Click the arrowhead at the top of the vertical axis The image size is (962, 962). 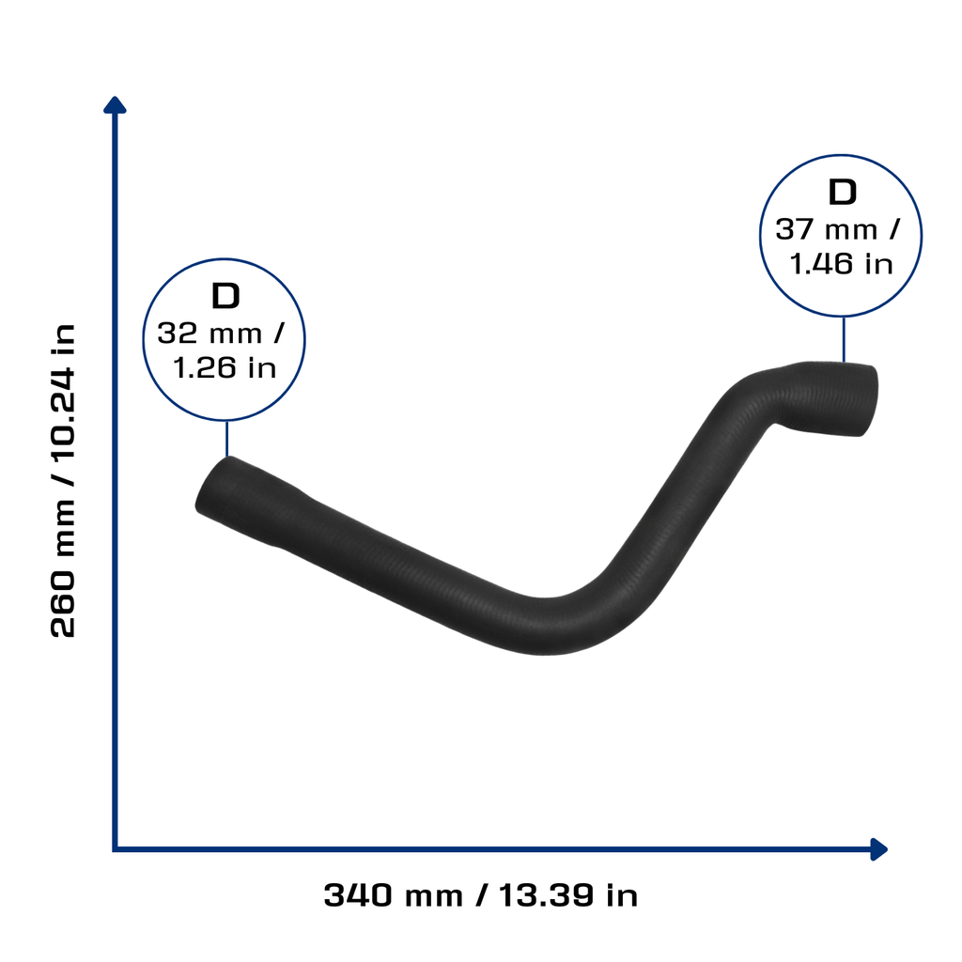pos(115,105)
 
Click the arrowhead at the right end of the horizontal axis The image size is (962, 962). pos(879,849)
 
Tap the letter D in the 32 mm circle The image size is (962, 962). pos(225,296)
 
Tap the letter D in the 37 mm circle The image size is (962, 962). pos(843,192)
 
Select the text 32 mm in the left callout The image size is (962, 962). pos(209,334)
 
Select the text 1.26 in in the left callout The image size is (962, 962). pos(225,368)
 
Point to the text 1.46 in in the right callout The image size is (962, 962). pos(841,264)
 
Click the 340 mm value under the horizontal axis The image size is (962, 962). pos(394,895)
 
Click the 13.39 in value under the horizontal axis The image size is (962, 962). pos(568,895)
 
